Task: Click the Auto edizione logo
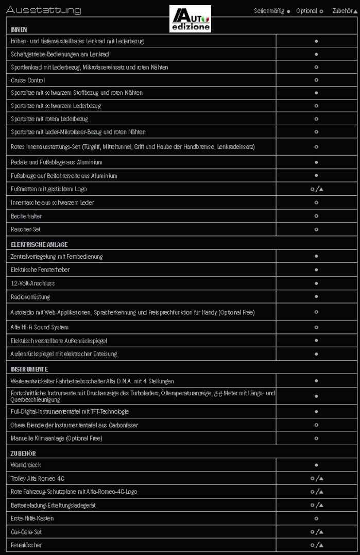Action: click(x=190, y=19)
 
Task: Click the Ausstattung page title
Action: click(x=43, y=10)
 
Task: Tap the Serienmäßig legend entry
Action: click(x=271, y=11)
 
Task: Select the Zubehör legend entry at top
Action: click(x=344, y=11)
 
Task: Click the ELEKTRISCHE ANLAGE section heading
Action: click(x=39, y=245)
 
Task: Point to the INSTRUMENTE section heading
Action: click(x=29, y=369)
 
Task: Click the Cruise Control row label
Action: click(x=28, y=80)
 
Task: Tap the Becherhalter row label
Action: click(x=26, y=216)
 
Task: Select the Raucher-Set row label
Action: click(x=25, y=229)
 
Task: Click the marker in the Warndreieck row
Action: click(x=316, y=465)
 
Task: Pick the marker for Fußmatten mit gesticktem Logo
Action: click(x=317, y=189)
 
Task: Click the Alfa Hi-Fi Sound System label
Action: click(x=40, y=327)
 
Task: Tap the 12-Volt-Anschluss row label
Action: click(x=32, y=283)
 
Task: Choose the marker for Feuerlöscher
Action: click(x=317, y=545)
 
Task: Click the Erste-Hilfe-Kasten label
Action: click(x=32, y=518)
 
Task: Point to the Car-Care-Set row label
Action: click(x=27, y=531)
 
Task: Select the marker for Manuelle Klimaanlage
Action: click(x=316, y=438)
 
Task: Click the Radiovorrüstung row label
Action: click(x=30, y=297)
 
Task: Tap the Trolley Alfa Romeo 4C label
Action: click(x=38, y=479)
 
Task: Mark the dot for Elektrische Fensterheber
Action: click(x=316, y=270)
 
